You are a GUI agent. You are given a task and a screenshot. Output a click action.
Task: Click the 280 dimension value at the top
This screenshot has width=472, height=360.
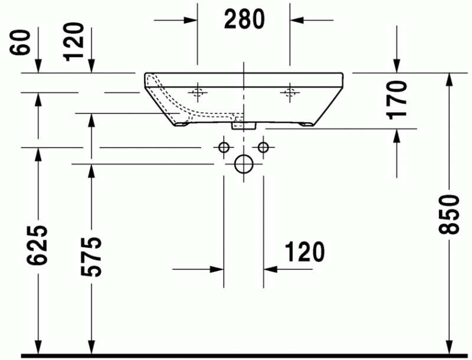pyautogui.click(x=244, y=21)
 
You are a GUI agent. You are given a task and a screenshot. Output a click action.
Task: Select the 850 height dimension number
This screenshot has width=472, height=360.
pyautogui.click(x=451, y=214)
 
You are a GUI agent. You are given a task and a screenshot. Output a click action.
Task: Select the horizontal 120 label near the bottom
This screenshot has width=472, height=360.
pyautogui.click(x=304, y=252)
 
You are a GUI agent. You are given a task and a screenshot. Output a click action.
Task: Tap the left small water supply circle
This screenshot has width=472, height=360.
pyautogui.click(x=224, y=147)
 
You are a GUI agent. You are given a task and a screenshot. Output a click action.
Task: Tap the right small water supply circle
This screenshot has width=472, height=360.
pyautogui.click(x=263, y=147)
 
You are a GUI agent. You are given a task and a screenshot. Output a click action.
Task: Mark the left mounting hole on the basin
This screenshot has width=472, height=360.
pyautogui.click(x=197, y=91)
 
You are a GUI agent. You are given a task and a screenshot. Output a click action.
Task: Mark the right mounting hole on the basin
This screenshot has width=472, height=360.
pyautogui.click(x=289, y=91)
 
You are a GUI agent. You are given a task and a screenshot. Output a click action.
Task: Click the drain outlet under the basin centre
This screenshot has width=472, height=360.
pyautogui.click(x=243, y=124)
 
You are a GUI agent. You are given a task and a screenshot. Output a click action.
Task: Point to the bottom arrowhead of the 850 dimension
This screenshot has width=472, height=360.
pyautogui.click(x=451, y=349)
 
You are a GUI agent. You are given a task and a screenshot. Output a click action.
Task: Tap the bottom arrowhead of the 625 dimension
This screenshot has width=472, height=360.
pyautogui.click(x=39, y=349)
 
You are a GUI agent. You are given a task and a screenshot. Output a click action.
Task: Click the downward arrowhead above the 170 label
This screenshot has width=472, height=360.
pyautogui.click(x=398, y=66)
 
